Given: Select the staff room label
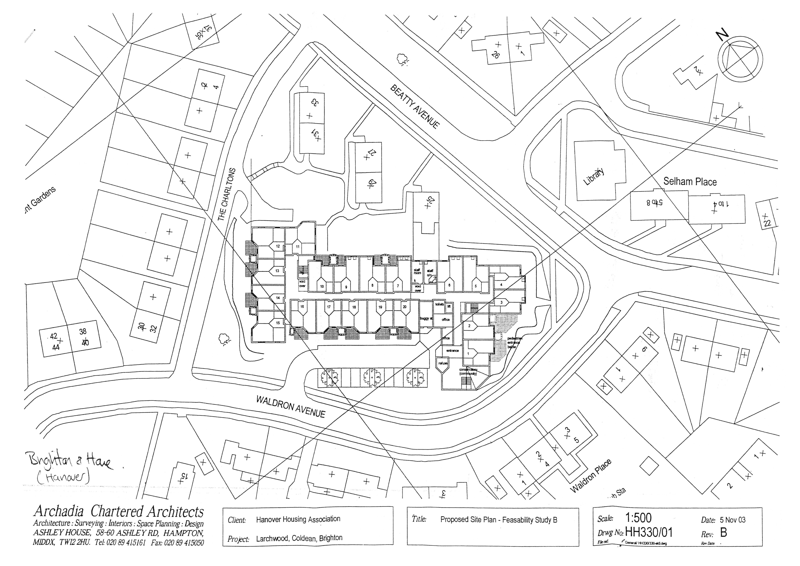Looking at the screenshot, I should tap(417, 271).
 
